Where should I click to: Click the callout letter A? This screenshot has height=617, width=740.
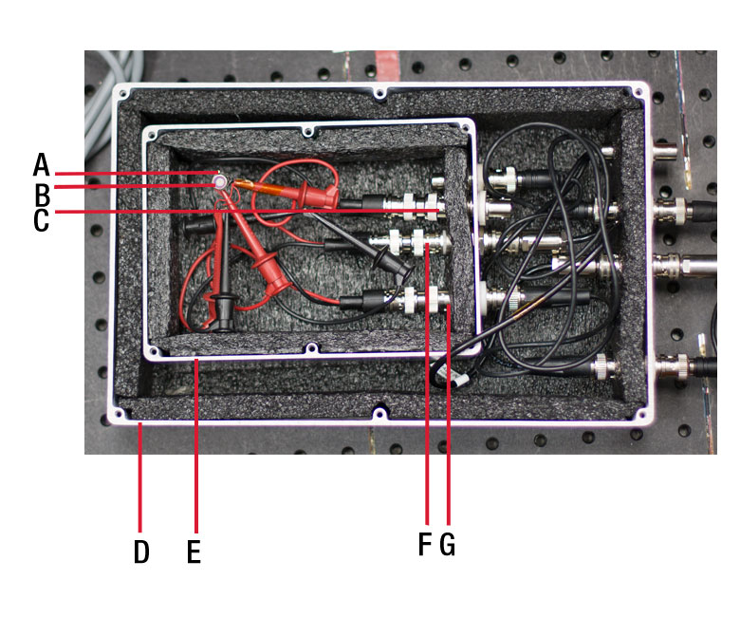[x=41, y=164]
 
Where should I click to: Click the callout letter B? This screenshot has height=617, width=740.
[x=42, y=194]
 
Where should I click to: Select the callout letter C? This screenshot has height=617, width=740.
[x=41, y=220]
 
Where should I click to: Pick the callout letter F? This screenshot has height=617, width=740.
[x=425, y=544]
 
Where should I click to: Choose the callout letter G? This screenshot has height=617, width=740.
[x=448, y=544]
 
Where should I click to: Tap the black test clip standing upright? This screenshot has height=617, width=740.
[x=223, y=292]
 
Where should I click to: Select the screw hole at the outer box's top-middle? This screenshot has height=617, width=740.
[x=379, y=93]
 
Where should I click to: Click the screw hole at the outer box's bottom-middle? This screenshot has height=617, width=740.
[x=379, y=415]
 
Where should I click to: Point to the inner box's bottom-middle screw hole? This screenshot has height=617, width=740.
[x=311, y=349]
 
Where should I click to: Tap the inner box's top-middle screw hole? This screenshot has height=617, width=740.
[x=307, y=131]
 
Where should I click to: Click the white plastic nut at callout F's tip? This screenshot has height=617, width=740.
[x=419, y=242]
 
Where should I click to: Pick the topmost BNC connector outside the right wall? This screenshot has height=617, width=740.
[x=664, y=151]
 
